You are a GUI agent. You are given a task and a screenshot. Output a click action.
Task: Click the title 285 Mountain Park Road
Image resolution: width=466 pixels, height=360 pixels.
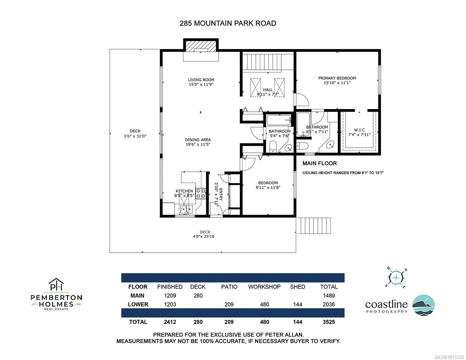228,23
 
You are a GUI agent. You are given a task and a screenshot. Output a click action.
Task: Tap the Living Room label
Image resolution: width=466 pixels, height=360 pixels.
201,80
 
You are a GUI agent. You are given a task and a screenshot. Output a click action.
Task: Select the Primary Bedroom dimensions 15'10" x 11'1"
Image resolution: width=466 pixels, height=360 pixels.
337,83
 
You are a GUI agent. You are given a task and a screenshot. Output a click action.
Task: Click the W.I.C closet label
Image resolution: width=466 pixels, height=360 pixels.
359,130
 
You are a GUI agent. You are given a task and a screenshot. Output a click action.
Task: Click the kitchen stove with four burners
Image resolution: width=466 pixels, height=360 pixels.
201,193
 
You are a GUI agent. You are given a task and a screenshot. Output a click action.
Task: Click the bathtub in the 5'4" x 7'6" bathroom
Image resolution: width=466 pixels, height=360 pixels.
278,120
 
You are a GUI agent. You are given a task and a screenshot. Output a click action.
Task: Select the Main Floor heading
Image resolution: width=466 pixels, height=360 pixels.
320,163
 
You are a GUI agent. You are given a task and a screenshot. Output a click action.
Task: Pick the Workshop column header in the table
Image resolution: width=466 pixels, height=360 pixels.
264,287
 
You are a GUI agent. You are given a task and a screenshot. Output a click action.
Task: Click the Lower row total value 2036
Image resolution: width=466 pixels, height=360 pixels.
329,304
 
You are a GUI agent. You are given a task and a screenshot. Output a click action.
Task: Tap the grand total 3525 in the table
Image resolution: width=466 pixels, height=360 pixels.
329,322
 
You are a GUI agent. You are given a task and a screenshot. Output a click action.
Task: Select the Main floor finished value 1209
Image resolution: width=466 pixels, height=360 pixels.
170,296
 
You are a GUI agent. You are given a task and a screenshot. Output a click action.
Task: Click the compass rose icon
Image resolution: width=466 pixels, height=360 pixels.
396,277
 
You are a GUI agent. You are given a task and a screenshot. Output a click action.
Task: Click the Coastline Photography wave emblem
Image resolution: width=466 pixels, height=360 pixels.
423,305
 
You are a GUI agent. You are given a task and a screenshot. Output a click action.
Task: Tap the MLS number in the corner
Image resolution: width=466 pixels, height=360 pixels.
448,357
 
